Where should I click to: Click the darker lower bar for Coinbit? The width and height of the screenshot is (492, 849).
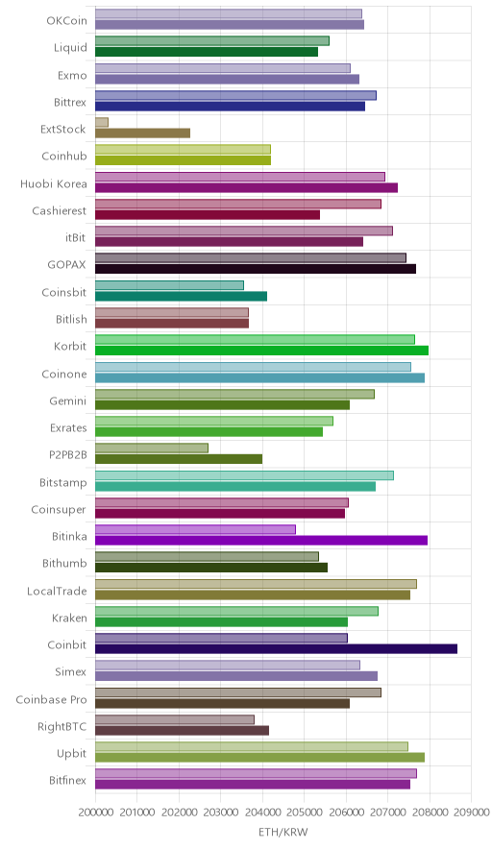(277, 648)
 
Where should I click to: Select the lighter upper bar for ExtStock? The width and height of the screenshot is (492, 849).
(102, 122)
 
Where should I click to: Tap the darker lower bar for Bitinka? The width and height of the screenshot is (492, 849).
(261, 540)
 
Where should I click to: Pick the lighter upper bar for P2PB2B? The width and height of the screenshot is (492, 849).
(152, 448)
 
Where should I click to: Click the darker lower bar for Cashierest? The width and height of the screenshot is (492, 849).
(208, 214)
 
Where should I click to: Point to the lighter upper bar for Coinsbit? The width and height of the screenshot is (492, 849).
(169, 285)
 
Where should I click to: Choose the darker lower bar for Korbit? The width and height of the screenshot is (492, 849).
(261, 350)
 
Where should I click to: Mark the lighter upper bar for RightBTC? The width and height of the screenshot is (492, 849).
(175, 719)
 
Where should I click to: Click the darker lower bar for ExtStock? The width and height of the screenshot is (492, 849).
(142, 133)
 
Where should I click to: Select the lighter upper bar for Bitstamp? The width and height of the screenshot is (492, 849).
(244, 475)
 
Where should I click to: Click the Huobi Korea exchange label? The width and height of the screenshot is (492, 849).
(53, 184)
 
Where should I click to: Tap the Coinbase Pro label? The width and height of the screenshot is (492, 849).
(51, 699)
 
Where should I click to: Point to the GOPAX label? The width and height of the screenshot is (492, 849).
(66, 265)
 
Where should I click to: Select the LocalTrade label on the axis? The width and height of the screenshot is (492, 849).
(57, 591)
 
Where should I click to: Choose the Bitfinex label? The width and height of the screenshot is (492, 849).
(67, 780)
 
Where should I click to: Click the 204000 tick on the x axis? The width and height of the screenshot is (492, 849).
(262, 812)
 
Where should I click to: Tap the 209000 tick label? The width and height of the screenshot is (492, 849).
(472, 812)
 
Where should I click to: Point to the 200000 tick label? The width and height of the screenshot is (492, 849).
(95, 812)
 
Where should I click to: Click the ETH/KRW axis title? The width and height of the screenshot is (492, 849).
(283, 833)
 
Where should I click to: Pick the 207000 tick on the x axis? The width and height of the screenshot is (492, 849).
(387, 812)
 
